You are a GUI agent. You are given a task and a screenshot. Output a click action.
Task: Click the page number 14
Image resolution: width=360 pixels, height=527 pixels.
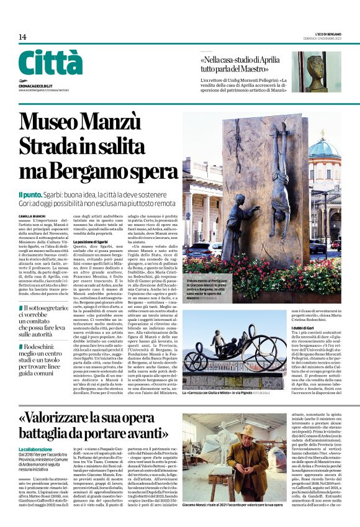pyautogui.click(x=22, y=37)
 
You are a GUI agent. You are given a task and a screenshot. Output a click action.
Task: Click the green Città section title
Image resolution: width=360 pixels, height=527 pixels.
pyautogui.click(x=50, y=63)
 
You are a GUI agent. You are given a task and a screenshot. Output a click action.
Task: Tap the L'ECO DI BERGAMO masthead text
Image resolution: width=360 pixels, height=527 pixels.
pyautogui.click(x=328, y=34)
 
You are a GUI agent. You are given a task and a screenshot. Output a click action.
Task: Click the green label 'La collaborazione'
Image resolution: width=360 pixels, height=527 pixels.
pyautogui.click(x=36, y=448)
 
